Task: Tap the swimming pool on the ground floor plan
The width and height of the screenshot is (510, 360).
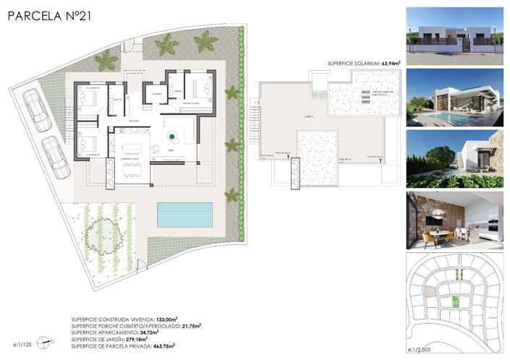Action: click(185, 213)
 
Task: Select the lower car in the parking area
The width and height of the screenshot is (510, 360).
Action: click(54, 153)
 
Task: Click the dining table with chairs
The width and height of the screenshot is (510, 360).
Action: click(132, 171)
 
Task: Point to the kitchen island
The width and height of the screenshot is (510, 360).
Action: click(134, 147)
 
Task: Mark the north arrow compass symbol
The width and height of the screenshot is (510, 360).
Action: click(48, 341)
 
